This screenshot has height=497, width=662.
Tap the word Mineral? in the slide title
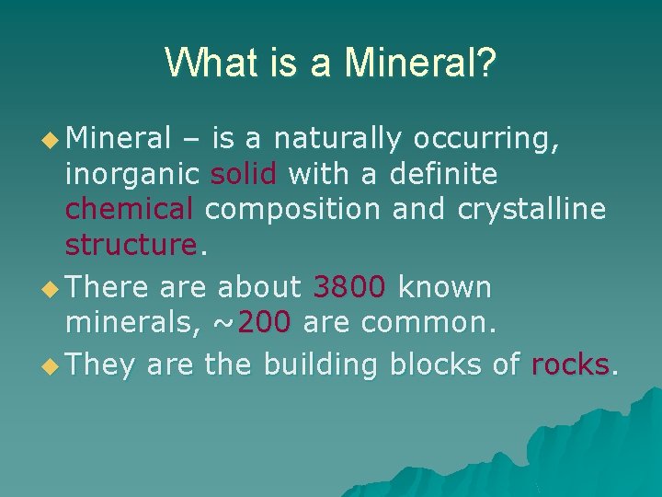[x=420, y=63]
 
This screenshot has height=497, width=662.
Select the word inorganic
[x=132, y=175]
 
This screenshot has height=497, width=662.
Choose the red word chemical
[x=130, y=209]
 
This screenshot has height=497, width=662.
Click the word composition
[x=292, y=210]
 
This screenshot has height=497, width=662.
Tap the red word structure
[x=131, y=245]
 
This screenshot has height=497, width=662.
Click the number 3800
[x=349, y=288]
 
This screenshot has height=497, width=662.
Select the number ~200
[x=253, y=323]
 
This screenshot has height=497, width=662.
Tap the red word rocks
[x=570, y=365]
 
